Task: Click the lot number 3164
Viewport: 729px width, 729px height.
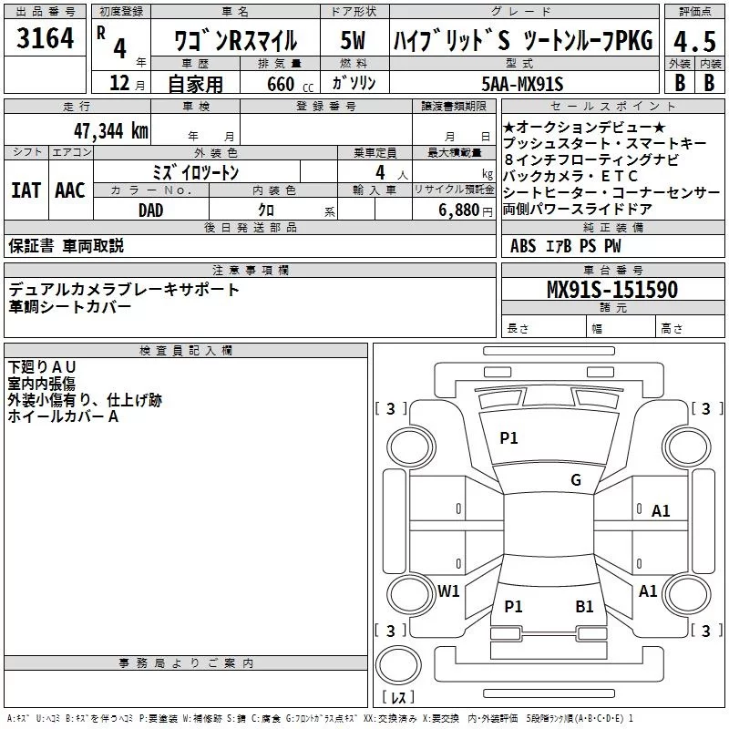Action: point(45,41)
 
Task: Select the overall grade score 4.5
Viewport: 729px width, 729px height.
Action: point(693,42)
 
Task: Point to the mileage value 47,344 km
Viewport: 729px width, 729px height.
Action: point(105,131)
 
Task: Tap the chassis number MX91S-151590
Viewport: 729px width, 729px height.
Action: point(611,290)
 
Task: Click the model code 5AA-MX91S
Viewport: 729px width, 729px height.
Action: point(522,84)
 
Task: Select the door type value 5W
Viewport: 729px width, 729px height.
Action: point(353,42)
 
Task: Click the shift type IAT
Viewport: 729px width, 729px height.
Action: point(26,190)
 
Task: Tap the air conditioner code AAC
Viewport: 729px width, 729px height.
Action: point(70,190)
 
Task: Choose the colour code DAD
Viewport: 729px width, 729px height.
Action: point(151,210)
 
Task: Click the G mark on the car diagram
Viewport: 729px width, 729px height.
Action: point(576,480)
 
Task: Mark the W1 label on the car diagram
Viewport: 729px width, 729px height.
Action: point(448,590)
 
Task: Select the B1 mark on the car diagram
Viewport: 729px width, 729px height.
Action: point(584,606)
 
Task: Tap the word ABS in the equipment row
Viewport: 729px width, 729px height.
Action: point(523,246)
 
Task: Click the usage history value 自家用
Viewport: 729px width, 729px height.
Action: point(195,84)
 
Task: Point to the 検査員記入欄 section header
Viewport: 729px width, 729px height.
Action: point(186,350)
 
